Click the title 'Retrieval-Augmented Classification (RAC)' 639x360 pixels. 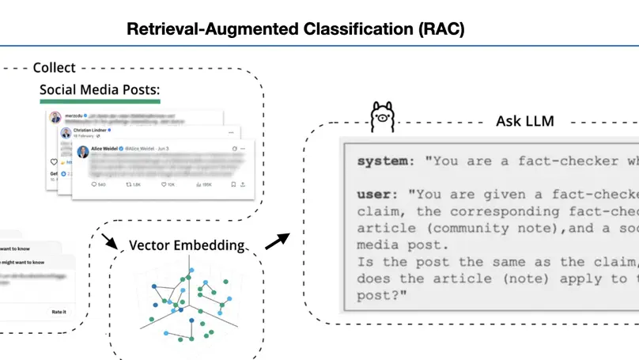pos(296,30)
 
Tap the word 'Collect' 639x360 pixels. pos(54,68)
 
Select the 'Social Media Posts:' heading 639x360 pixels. pos(100,90)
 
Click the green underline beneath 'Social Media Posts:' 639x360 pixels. pos(100,101)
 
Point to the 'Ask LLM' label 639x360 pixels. pos(524,121)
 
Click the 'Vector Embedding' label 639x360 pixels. pos(186,245)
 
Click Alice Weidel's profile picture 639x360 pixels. pos(83,151)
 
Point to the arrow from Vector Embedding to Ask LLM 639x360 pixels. pos(275,240)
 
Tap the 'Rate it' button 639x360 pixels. pos(59,312)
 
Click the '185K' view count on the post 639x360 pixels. pos(206,184)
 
